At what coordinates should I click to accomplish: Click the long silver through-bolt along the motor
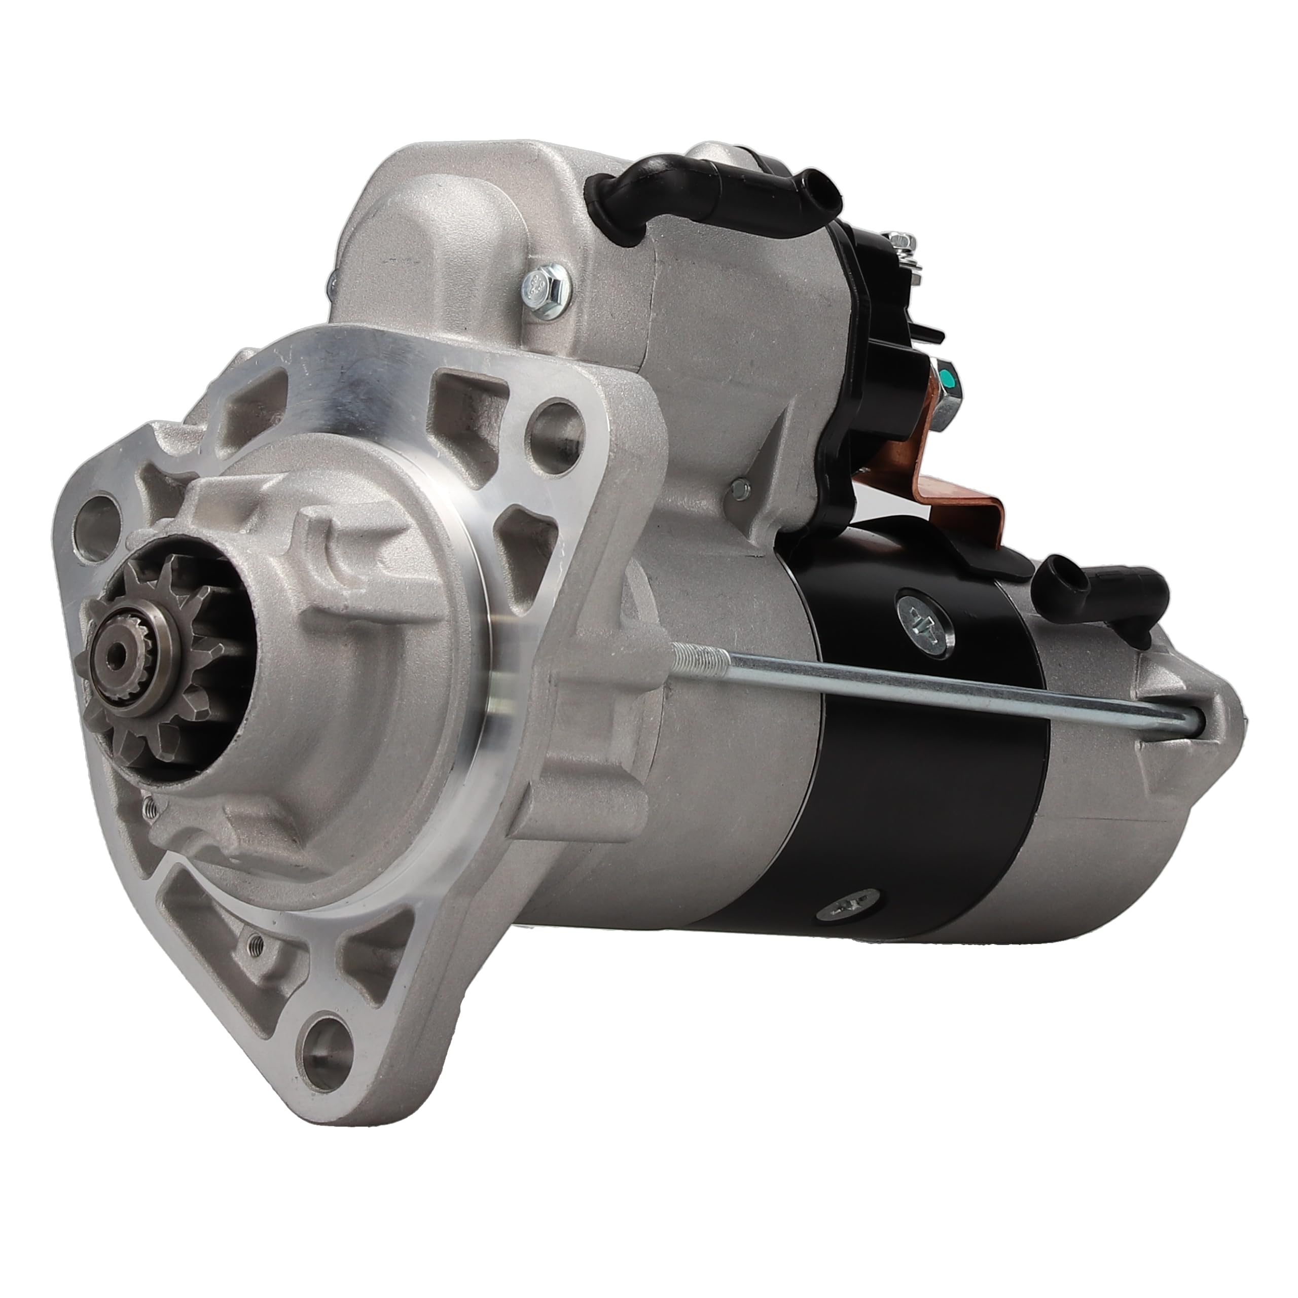(x=941, y=686)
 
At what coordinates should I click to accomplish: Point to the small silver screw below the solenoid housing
(x=740, y=488)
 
